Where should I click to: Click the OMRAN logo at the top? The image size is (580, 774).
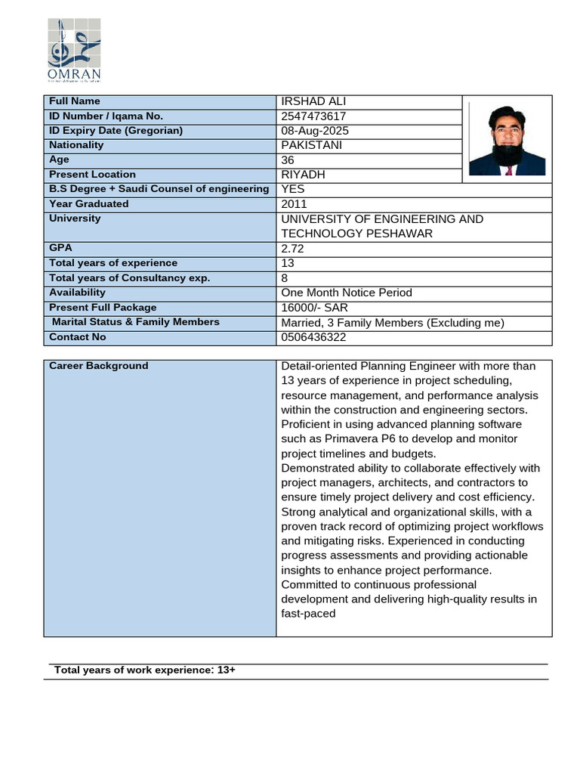tap(74, 50)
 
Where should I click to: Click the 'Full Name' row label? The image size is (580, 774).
tap(75, 101)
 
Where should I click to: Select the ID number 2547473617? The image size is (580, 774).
tap(314, 116)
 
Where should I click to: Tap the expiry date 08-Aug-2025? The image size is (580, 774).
tap(315, 131)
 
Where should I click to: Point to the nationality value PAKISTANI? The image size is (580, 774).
tap(312, 145)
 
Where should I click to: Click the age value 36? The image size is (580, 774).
tap(288, 160)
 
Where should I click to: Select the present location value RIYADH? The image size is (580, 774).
tap(303, 175)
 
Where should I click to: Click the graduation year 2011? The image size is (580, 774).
tap(294, 204)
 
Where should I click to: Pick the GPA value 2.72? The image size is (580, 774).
tap(294, 248)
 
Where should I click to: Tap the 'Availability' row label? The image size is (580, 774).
tap(77, 293)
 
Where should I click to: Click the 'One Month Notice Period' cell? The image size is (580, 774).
tap(347, 293)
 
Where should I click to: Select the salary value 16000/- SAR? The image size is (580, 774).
tap(314, 308)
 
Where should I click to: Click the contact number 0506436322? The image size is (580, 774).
tap(314, 337)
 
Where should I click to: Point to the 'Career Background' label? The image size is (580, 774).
tap(99, 366)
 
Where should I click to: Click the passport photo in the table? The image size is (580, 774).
tap(507, 140)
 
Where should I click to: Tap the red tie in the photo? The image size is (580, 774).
tap(508, 170)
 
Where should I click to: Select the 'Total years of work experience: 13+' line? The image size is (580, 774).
tap(145, 670)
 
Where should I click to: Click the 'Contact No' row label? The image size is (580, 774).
tap(78, 337)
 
